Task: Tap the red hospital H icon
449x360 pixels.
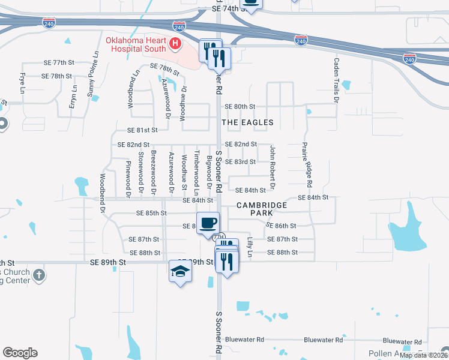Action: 175,43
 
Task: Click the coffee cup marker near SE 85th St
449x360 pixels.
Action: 208,223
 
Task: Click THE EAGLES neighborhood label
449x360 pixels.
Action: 247,122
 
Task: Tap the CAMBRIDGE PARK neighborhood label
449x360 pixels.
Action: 262,209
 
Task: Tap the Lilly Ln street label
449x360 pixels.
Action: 250,247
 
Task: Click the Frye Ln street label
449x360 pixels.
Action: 22,83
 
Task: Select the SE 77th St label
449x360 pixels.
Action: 58,62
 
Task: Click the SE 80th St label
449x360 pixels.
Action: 240,107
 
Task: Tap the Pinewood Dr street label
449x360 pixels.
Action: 128,179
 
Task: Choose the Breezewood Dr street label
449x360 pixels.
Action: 154,173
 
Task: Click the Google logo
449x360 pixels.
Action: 20,353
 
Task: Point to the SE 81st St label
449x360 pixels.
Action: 142,130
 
